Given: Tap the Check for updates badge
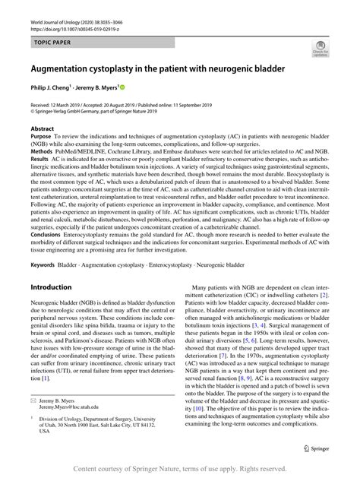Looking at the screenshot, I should click(x=318, y=51).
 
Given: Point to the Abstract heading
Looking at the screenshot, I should click(x=42, y=129).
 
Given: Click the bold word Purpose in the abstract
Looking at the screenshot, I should click(x=41, y=137).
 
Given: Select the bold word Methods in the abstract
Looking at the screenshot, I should click(x=42, y=151).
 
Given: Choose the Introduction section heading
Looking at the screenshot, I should click(x=57, y=289).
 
